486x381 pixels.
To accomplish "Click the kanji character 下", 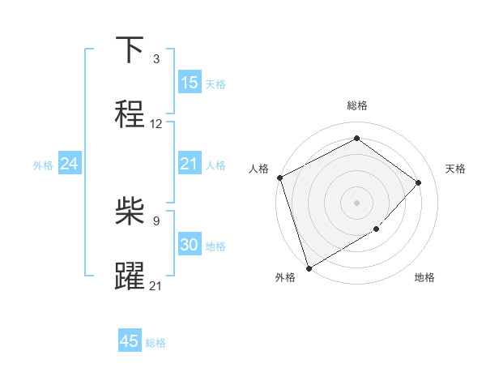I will (x=130, y=50).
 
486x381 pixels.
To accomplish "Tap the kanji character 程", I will (x=130, y=114).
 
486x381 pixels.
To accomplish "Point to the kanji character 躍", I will (x=130, y=276).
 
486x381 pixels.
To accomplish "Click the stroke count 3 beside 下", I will (x=156, y=59).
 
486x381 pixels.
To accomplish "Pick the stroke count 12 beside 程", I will (x=156, y=124).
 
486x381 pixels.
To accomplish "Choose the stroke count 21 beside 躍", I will (x=156, y=285).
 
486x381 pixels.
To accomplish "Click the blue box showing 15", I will (x=189, y=83).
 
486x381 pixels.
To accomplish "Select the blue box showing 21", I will (x=189, y=165).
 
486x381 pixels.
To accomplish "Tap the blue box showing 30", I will (x=189, y=245).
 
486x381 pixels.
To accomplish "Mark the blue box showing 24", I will (x=69, y=165).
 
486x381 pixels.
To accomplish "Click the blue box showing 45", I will (x=130, y=341).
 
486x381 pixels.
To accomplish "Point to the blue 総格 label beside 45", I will (x=156, y=343).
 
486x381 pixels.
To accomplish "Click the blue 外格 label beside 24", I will (x=43, y=165).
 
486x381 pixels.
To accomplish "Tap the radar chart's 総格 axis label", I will (x=357, y=105).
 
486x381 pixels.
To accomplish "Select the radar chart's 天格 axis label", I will (x=456, y=169).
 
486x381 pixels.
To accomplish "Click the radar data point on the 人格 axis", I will (x=279, y=178).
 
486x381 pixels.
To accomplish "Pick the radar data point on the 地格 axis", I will (x=377, y=229).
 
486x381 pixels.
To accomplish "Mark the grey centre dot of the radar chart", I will (x=357, y=203).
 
